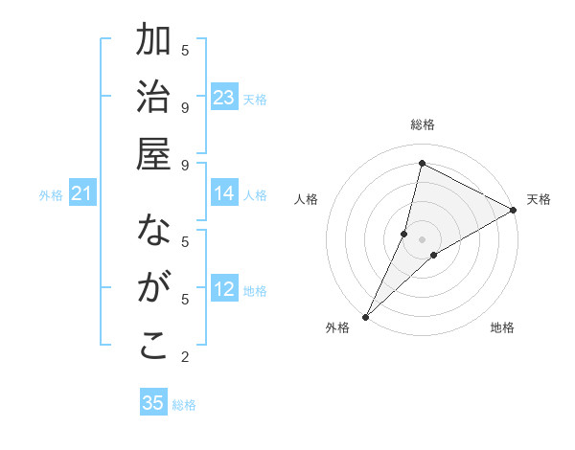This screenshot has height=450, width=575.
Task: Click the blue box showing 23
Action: click(x=224, y=98)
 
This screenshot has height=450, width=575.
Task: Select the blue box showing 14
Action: click(x=224, y=194)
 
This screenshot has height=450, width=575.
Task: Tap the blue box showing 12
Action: click(x=224, y=290)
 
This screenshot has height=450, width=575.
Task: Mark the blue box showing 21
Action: click(x=82, y=195)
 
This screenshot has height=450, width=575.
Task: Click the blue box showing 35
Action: click(x=153, y=403)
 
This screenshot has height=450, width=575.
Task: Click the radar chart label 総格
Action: click(x=423, y=124)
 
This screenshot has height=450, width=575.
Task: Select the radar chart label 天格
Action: click(x=539, y=199)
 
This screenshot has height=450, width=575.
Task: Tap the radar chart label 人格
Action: click(x=306, y=199)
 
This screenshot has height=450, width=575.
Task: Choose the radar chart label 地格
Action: click(x=502, y=327)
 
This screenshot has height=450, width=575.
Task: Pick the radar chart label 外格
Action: click(x=337, y=327)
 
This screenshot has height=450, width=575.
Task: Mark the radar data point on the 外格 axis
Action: click(x=365, y=316)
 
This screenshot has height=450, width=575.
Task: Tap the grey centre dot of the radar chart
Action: click(x=422, y=238)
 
